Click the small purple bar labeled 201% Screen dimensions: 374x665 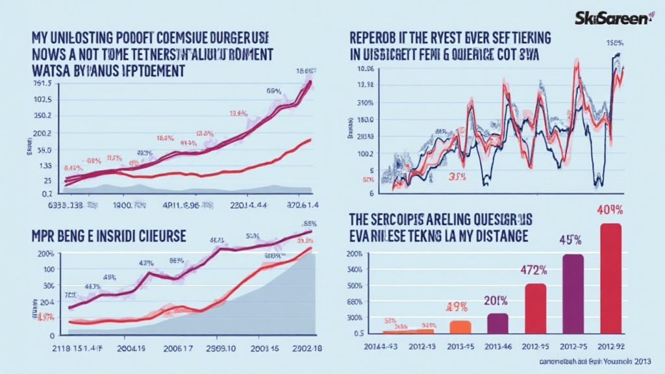[497, 323]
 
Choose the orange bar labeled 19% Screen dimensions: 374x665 [460, 327]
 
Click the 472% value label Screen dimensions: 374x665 [535, 271]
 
